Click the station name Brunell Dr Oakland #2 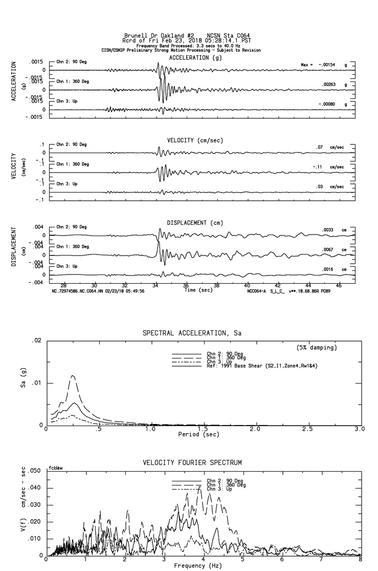153,36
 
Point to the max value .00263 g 327,84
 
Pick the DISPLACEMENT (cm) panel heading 195,223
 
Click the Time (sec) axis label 198,290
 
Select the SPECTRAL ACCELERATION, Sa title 192,333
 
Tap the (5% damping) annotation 317,348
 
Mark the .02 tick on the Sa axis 36,341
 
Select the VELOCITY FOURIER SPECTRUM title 192,462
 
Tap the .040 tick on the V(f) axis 34,488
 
